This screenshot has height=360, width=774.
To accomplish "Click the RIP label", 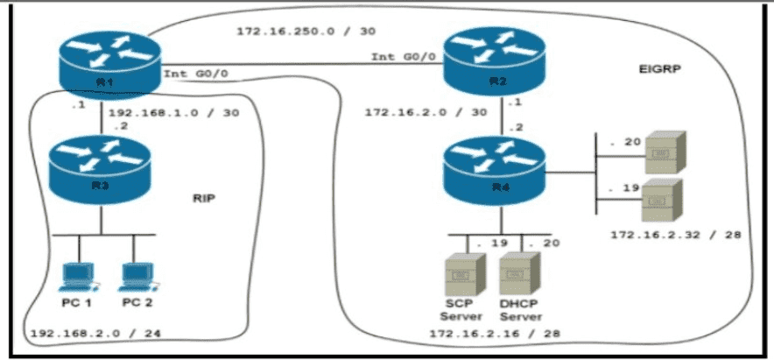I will point(203,198).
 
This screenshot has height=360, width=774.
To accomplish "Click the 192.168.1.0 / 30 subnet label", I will point(172,113).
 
